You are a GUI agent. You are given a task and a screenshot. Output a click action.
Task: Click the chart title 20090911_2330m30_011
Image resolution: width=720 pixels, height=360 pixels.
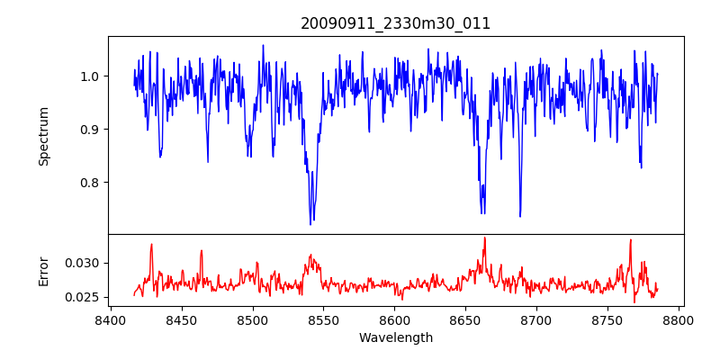395,23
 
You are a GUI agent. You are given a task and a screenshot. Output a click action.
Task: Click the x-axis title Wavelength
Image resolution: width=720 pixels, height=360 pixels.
395,338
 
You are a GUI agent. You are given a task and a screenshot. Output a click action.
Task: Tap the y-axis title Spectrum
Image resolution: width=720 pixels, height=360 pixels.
43,136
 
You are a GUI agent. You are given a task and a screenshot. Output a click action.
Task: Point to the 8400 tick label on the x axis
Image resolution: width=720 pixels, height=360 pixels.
110,319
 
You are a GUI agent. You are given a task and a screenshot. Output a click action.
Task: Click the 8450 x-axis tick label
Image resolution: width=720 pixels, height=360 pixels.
181,319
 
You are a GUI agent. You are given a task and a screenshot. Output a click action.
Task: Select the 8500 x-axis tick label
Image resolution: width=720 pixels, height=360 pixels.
252,319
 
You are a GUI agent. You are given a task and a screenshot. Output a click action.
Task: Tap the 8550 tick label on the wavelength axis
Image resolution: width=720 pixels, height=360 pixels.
323,319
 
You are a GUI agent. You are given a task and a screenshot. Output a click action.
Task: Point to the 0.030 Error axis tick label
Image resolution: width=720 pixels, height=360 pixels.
84,263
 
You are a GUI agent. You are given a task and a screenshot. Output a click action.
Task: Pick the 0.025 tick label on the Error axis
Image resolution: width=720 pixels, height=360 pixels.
84,297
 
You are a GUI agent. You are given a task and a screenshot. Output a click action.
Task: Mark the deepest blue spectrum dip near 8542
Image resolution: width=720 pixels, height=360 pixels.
310,224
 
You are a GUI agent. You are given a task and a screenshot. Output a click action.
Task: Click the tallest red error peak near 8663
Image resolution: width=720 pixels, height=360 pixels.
484,238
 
